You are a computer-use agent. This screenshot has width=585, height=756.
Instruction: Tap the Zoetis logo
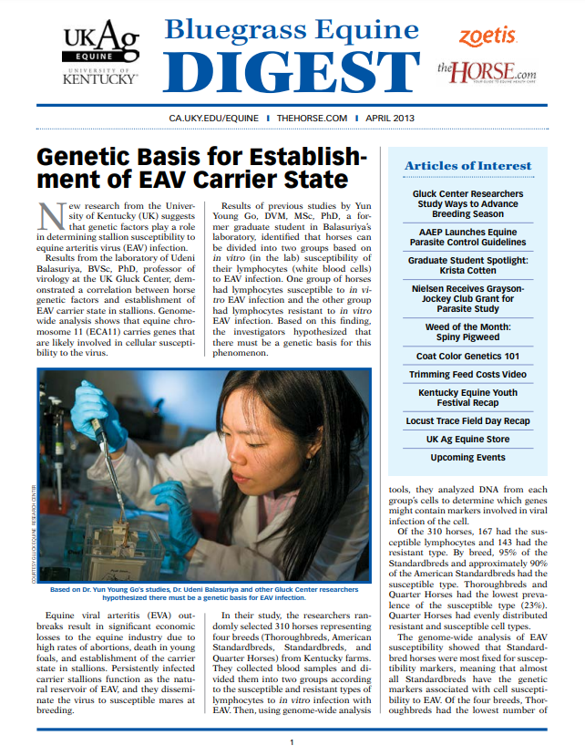(487, 36)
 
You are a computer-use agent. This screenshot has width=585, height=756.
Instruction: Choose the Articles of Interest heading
(467, 165)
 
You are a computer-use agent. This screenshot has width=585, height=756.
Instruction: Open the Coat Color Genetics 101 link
(467, 355)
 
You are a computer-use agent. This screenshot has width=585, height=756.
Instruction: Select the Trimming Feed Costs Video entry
(467, 375)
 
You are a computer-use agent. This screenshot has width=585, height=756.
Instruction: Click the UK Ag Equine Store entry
(467, 439)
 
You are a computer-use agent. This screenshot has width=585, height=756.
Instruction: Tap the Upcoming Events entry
(467, 457)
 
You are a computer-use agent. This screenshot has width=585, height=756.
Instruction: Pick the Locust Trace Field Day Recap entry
(467, 421)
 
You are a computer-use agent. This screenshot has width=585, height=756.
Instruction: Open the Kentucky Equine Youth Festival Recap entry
(467, 397)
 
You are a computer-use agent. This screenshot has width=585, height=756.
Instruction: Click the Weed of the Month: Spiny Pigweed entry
(467, 331)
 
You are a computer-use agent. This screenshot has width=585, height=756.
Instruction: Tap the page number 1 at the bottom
(292, 741)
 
